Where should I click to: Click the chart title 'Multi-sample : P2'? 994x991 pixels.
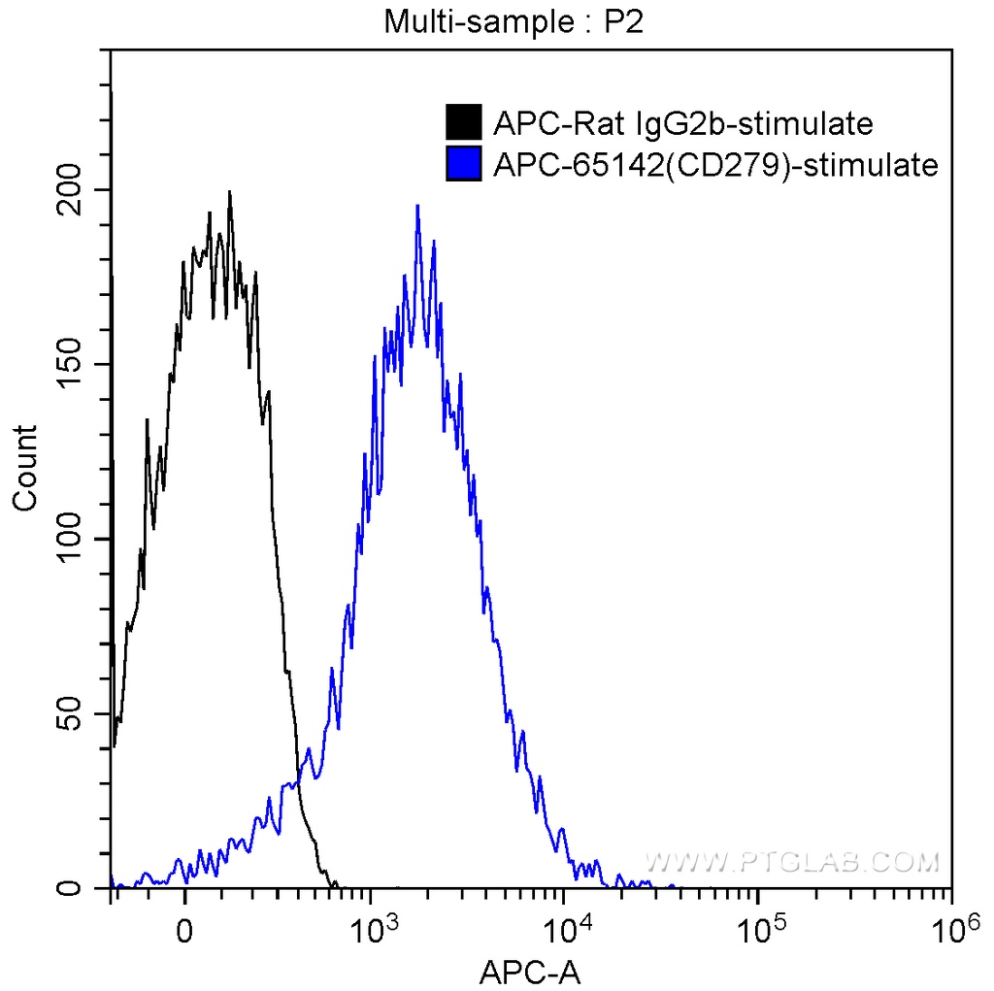pyautogui.click(x=514, y=21)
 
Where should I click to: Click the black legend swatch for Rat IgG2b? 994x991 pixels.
pyautogui.click(x=464, y=123)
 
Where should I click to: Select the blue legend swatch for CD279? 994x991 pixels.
pyautogui.click(x=464, y=165)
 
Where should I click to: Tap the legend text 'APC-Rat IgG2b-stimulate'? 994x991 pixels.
pyautogui.click(x=684, y=123)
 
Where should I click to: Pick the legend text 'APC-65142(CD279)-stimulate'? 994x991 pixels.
pyautogui.click(x=716, y=165)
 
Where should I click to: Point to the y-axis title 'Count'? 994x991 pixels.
pyautogui.click(x=25, y=467)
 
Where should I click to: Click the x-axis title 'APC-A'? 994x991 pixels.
pyautogui.click(x=531, y=969)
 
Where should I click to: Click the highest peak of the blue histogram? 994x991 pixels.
pyautogui.click(x=417, y=206)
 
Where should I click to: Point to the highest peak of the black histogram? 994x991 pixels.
pyautogui.click(x=229, y=192)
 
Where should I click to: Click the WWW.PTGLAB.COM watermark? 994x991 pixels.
pyautogui.click(x=792, y=861)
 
